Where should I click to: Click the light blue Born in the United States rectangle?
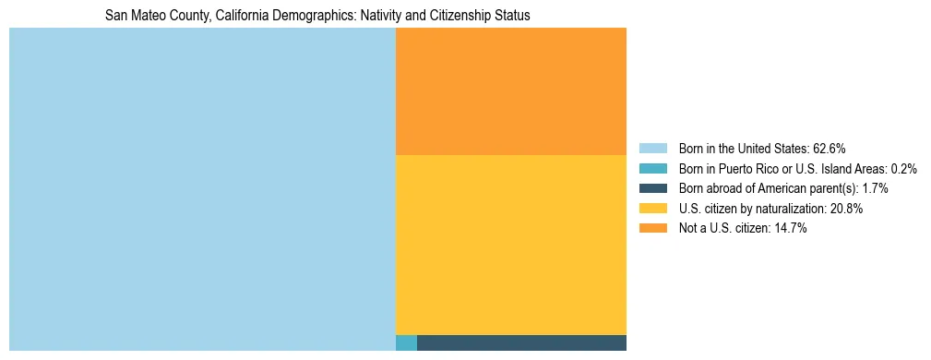[x=202, y=189]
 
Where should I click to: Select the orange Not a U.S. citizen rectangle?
[x=510, y=91]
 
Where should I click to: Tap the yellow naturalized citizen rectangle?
[x=510, y=245]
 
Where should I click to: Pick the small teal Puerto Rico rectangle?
[x=406, y=343]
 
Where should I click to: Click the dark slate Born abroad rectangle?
[x=521, y=343]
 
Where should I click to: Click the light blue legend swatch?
[x=652, y=148]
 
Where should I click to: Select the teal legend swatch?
[x=652, y=168]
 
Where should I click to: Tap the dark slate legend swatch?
[x=652, y=188]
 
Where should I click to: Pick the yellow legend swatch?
[x=652, y=209]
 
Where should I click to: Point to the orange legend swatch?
[x=652, y=228]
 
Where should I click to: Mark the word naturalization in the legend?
[x=787, y=209]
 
